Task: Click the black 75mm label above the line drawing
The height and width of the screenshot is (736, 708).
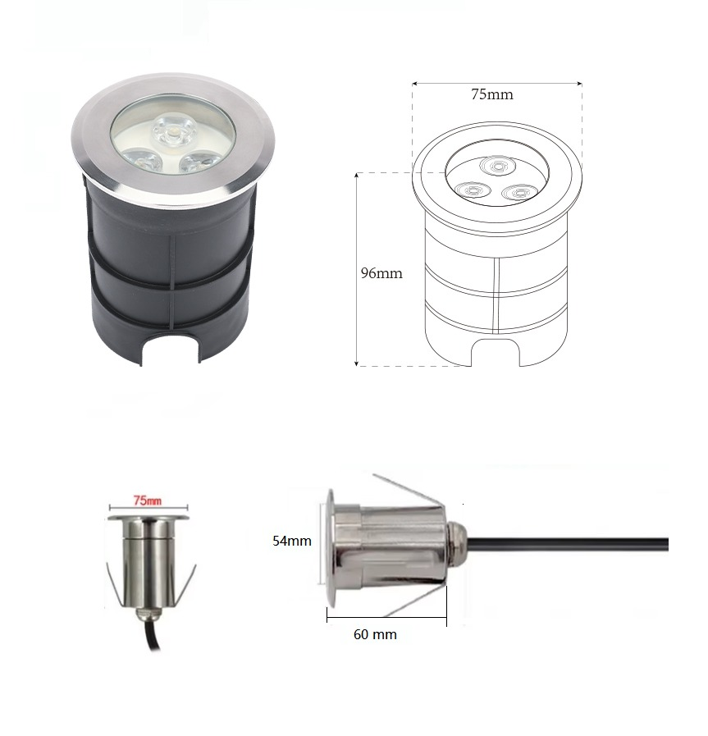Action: (492, 94)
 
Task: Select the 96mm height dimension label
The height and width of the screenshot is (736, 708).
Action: (381, 273)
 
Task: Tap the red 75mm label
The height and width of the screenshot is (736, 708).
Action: (148, 501)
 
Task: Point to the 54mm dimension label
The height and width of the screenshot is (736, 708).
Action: (292, 541)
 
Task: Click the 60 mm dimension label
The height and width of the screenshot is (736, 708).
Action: (376, 634)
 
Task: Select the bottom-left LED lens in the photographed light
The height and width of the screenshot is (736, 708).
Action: (137, 161)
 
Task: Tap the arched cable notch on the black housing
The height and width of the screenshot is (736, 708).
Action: (171, 347)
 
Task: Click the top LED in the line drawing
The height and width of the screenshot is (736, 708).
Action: (497, 166)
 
